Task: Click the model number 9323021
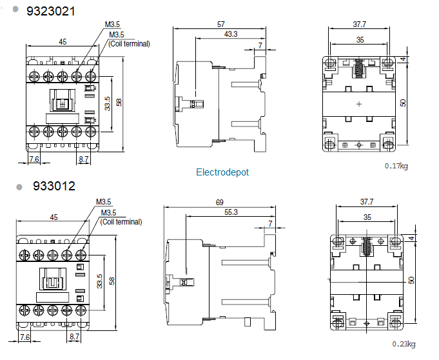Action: point(51,12)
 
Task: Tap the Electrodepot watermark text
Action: point(222,172)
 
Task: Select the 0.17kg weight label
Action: point(396,166)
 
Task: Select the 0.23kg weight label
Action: point(404,343)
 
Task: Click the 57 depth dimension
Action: point(221,24)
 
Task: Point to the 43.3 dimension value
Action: point(230,34)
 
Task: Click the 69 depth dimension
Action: point(220,203)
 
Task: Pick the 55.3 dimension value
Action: point(231,212)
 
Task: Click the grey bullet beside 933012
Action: point(19,187)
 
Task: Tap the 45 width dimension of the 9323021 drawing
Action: point(63,42)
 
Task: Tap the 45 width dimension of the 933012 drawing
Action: point(54,217)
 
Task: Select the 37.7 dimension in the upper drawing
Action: point(359,25)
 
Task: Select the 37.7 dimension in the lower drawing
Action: point(367,202)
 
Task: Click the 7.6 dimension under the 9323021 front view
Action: point(34,158)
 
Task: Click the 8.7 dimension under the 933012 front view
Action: point(75,337)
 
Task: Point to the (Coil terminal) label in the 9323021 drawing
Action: point(129,44)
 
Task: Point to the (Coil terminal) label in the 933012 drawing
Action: point(121,221)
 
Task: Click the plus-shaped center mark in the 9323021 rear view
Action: point(359,103)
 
